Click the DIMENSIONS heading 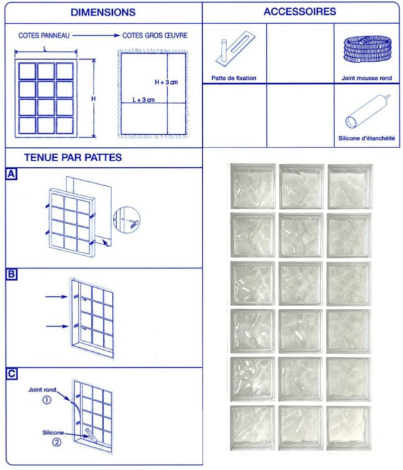tap(103, 13)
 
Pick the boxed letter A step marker tap(11, 175)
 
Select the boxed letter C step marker tap(11, 373)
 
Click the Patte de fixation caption tap(233, 78)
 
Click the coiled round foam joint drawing tap(366, 50)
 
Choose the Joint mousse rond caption tap(367, 78)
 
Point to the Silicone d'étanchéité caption tap(367, 139)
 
